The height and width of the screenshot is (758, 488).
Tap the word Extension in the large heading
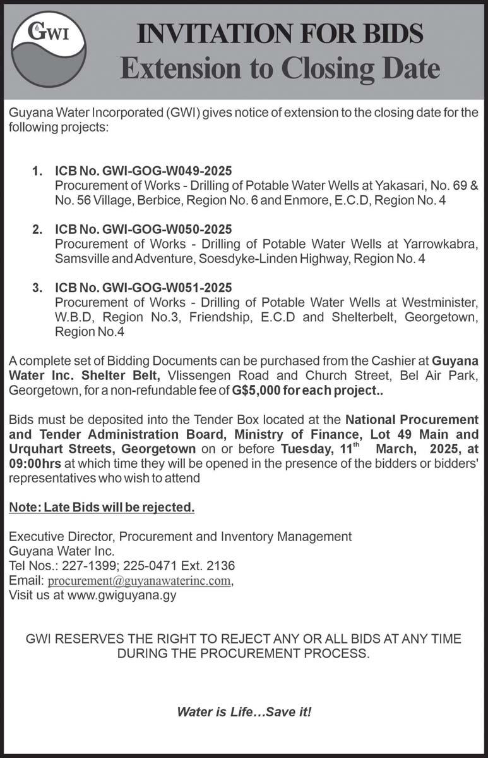177,68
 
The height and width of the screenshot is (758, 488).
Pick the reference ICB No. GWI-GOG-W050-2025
144,229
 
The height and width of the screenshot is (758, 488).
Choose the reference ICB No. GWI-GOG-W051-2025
144,287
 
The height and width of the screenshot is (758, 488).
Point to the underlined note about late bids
102,508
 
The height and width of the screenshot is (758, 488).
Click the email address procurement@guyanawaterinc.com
140,581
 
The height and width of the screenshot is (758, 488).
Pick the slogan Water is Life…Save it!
244,712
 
